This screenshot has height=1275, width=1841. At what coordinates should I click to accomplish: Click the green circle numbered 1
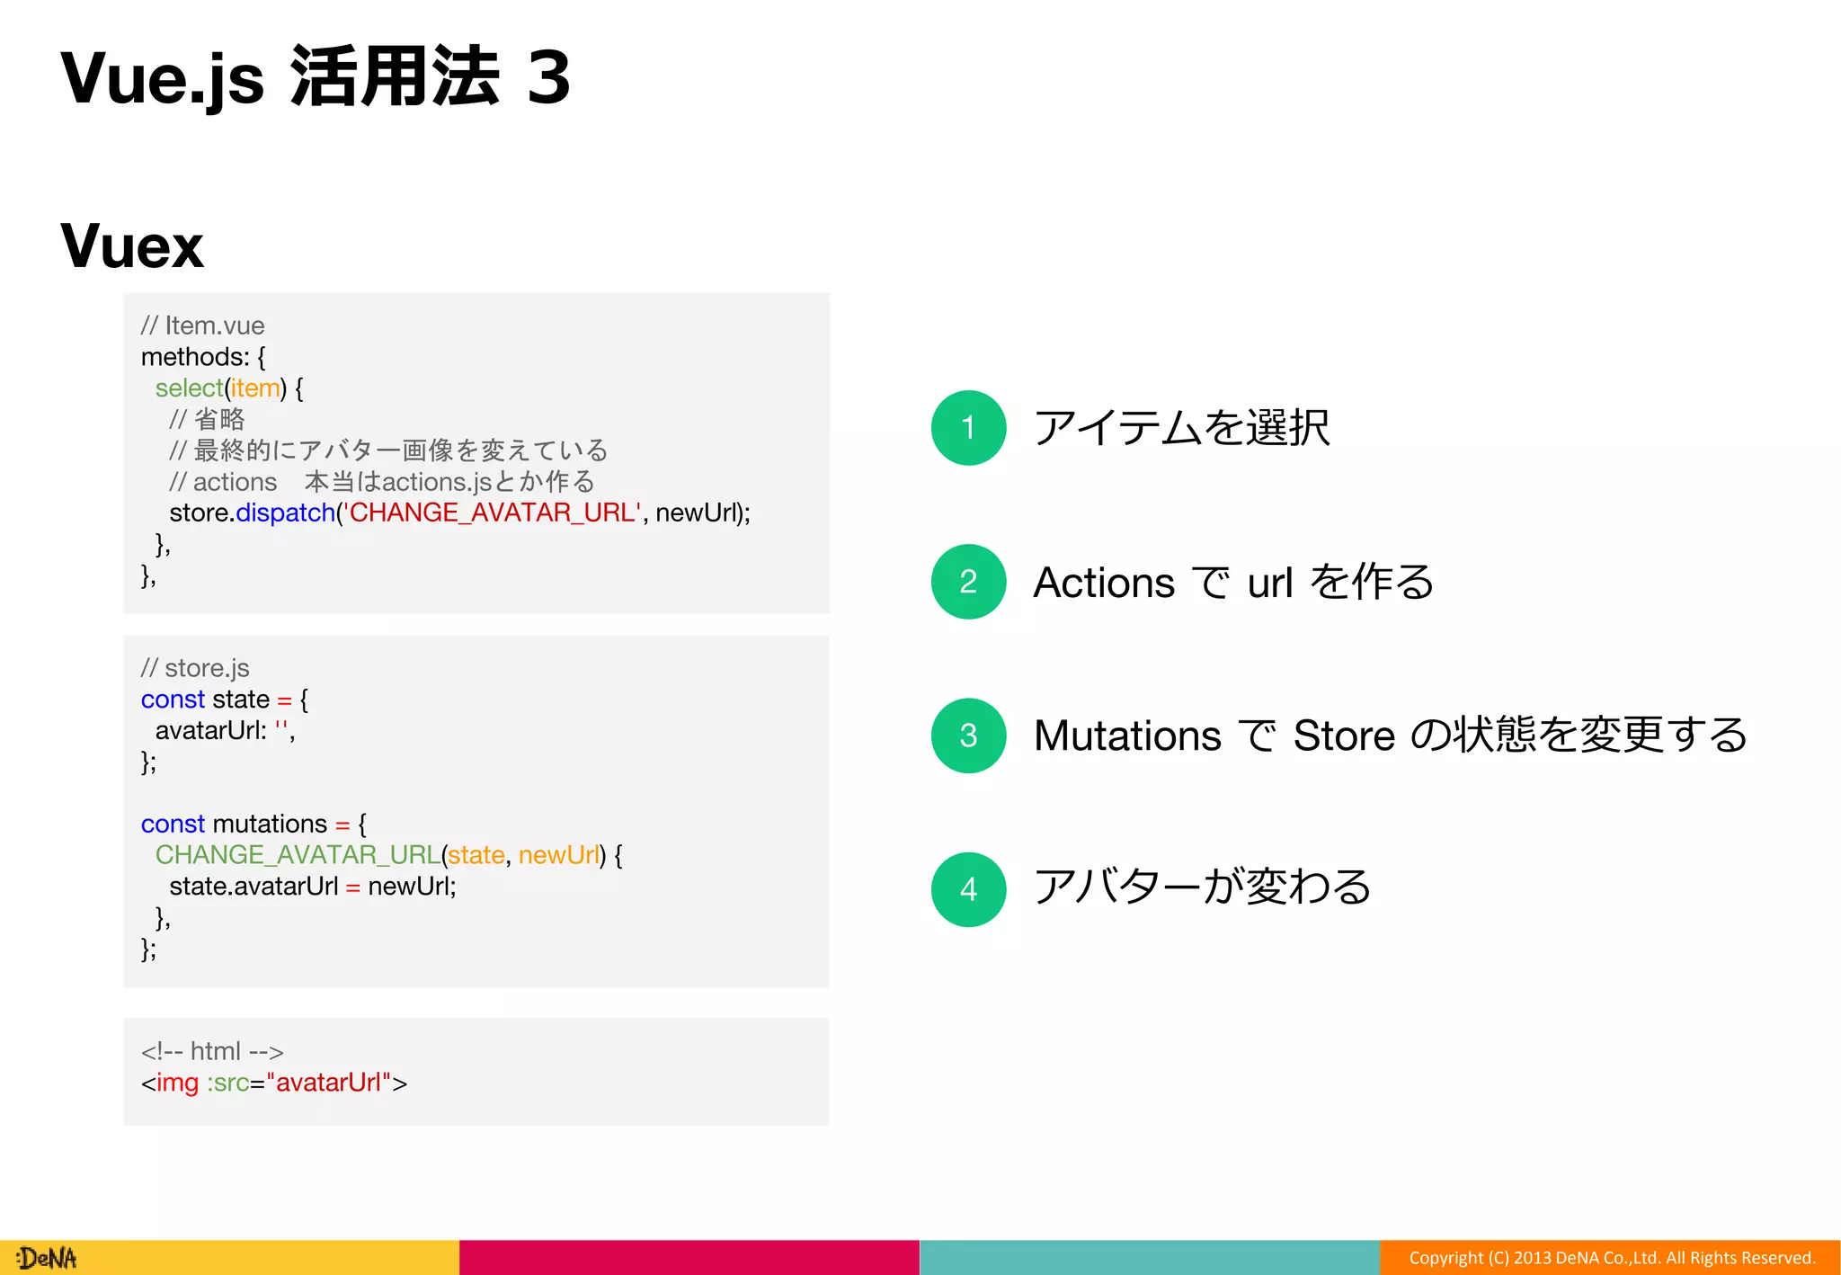click(x=968, y=428)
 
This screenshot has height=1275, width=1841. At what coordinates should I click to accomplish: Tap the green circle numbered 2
click(x=968, y=582)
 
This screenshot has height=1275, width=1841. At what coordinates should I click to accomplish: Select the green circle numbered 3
click(x=968, y=736)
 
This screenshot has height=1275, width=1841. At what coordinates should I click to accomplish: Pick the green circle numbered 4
click(x=968, y=889)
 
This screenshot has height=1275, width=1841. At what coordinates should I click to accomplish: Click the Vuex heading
click(x=132, y=245)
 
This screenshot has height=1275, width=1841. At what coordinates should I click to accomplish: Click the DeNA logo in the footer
click(x=47, y=1258)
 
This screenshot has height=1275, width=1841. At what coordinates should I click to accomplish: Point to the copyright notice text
click(x=1611, y=1258)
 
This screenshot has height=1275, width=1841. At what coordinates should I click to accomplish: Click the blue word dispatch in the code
click(x=285, y=513)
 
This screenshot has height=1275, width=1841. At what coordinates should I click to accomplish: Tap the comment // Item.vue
click(x=202, y=325)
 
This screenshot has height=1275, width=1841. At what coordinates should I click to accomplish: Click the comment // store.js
click(x=195, y=668)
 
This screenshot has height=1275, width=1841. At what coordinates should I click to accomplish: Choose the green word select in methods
click(x=188, y=388)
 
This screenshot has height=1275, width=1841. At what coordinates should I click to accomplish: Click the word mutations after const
click(x=270, y=824)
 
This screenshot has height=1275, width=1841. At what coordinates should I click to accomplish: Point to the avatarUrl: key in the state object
click(x=210, y=730)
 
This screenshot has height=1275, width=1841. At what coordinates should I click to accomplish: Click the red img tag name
click(x=177, y=1083)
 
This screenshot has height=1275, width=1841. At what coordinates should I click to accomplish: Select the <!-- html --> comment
click(x=212, y=1051)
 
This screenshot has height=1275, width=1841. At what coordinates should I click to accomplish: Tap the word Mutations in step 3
click(x=1127, y=736)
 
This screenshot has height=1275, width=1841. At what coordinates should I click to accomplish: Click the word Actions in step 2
click(x=1104, y=583)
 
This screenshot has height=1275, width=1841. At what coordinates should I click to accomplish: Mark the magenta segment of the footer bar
click(x=689, y=1258)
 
